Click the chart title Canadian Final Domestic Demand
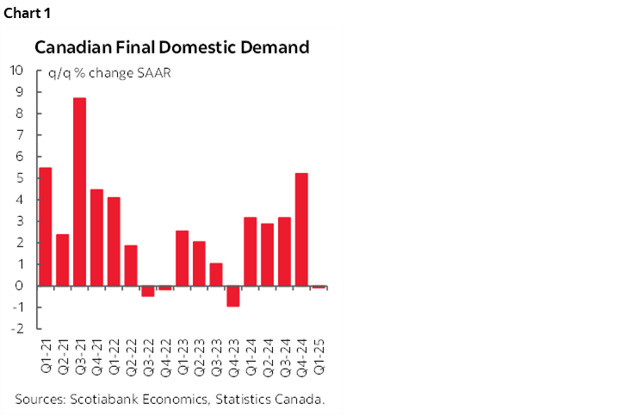[x=171, y=48]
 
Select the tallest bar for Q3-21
[x=79, y=191]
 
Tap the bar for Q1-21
[x=46, y=227]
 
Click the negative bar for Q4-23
[x=232, y=295]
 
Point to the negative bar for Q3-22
[x=147, y=290]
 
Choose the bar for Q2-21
[x=62, y=259]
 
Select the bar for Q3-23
[x=215, y=274]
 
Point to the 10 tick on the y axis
[x=16, y=71]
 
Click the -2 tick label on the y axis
[x=16, y=329]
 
